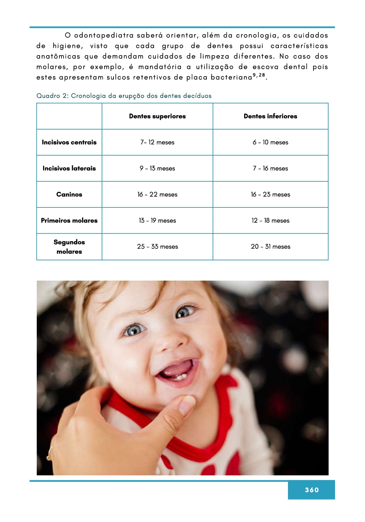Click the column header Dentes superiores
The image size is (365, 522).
(157, 116)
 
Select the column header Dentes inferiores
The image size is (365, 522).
(270, 116)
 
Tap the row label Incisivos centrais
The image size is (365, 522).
(69, 142)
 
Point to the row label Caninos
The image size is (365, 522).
(69, 194)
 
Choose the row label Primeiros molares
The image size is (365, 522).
(69, 221)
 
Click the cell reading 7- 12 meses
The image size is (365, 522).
(157, 142)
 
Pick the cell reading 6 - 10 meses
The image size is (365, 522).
(270, 142)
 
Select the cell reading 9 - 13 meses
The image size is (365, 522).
(157, 169)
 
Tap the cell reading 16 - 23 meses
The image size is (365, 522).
(270, 194)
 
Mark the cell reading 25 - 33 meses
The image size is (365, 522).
(157, 247)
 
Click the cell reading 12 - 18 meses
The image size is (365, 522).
(270, 221)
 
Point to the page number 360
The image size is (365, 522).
(312, 490)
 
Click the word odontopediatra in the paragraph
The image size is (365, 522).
(104, 35)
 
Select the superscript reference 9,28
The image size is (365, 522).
(259, 75)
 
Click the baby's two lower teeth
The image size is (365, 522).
(181, 377)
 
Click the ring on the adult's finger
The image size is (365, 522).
(50, 453)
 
